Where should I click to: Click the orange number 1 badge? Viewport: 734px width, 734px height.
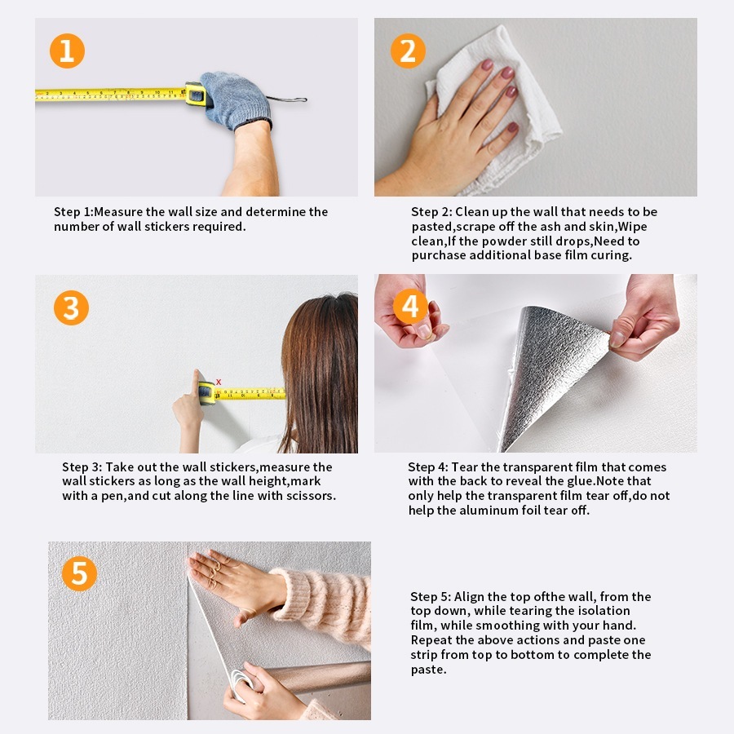point(67,51)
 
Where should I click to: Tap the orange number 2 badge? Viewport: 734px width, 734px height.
point(408,51)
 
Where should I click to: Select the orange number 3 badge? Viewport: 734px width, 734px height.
point(71,307)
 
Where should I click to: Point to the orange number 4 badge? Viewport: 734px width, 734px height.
point(410,307)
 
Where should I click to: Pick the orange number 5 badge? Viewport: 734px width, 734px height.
point(79,573)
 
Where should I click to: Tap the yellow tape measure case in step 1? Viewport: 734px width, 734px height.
point(195,94)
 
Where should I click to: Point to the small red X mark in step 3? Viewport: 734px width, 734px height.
point(218,382)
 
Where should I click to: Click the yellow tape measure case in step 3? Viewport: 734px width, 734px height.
point(206,393)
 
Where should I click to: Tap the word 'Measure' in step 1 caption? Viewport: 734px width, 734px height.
point(118,212)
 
